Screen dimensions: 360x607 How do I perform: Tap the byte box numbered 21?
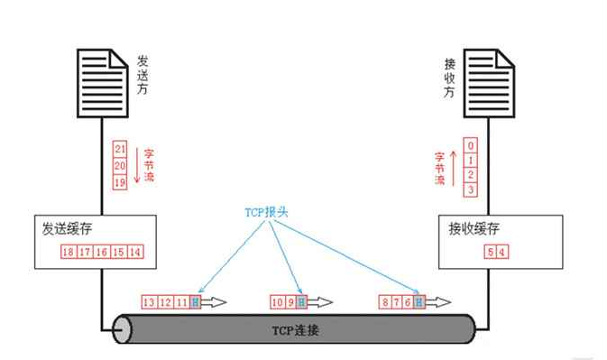pos(120,148)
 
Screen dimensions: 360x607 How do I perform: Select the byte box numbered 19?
pos(120,181)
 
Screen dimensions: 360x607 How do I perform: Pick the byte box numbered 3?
pos(470,189)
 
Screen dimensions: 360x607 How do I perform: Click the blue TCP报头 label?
pos(266,214)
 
